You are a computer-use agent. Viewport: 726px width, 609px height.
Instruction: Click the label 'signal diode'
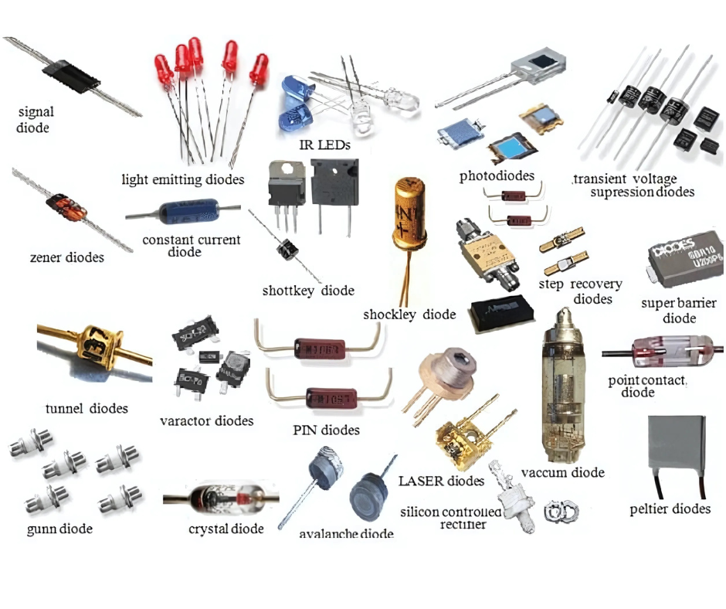(36, 119)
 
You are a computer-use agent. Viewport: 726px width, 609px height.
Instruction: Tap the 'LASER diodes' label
(441, 481)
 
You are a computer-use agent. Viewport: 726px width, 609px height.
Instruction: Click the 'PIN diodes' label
(326, 430)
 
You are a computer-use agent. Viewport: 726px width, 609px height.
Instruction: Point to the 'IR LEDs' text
(324, 145)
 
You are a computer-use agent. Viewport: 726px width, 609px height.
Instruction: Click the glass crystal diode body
(215, 498)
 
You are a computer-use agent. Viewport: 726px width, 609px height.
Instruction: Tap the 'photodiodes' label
(497, 175)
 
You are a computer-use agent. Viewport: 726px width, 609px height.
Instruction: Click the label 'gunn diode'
(59, 529)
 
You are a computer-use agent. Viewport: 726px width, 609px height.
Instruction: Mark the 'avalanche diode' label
(346, 534)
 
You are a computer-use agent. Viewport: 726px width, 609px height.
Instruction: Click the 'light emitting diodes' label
(183, 179)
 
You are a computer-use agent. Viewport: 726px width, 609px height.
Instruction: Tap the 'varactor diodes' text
(206, 421)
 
